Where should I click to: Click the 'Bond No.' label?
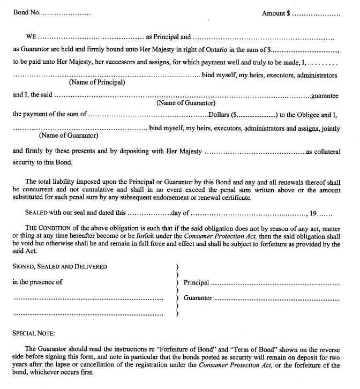pos(26,12)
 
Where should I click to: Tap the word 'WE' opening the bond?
pos(31,37)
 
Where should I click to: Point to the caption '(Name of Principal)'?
pos(97,83)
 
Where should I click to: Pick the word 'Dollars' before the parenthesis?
pos(219,114)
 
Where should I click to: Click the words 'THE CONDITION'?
pos(47,228)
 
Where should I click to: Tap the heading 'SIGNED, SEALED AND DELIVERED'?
pos(59,266)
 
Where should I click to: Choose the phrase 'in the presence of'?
pos(37,282)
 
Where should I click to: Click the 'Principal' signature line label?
pos(196,282)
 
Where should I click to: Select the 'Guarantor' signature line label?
pos(198,298)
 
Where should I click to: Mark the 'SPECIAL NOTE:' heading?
pos(34,333)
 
